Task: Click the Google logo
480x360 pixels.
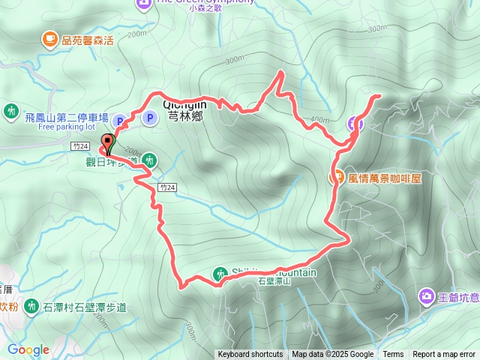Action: (x=28, y=349)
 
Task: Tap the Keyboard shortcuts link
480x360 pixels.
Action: (x=250, y=355)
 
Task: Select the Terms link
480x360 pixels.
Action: (x=393, y=355)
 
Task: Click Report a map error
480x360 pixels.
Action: (x=445, y=355)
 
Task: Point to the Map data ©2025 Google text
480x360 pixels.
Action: (x=332, y=355)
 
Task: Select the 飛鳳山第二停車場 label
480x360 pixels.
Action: (x=67, y=118)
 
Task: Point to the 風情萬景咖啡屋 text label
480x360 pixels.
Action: (x=386, y=179)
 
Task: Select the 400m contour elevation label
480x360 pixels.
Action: (x=319, y=120)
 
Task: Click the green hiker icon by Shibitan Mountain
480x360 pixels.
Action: (x=220, y=274)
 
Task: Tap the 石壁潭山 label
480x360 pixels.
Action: (x=274, y=283)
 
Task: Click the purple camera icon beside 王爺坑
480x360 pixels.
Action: (x=426, y=297)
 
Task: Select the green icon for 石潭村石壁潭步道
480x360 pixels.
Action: (x=31, y=306)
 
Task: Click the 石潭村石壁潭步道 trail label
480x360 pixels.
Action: (x=85, y=307)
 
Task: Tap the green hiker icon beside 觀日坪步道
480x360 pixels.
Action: (x=150, y=160)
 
